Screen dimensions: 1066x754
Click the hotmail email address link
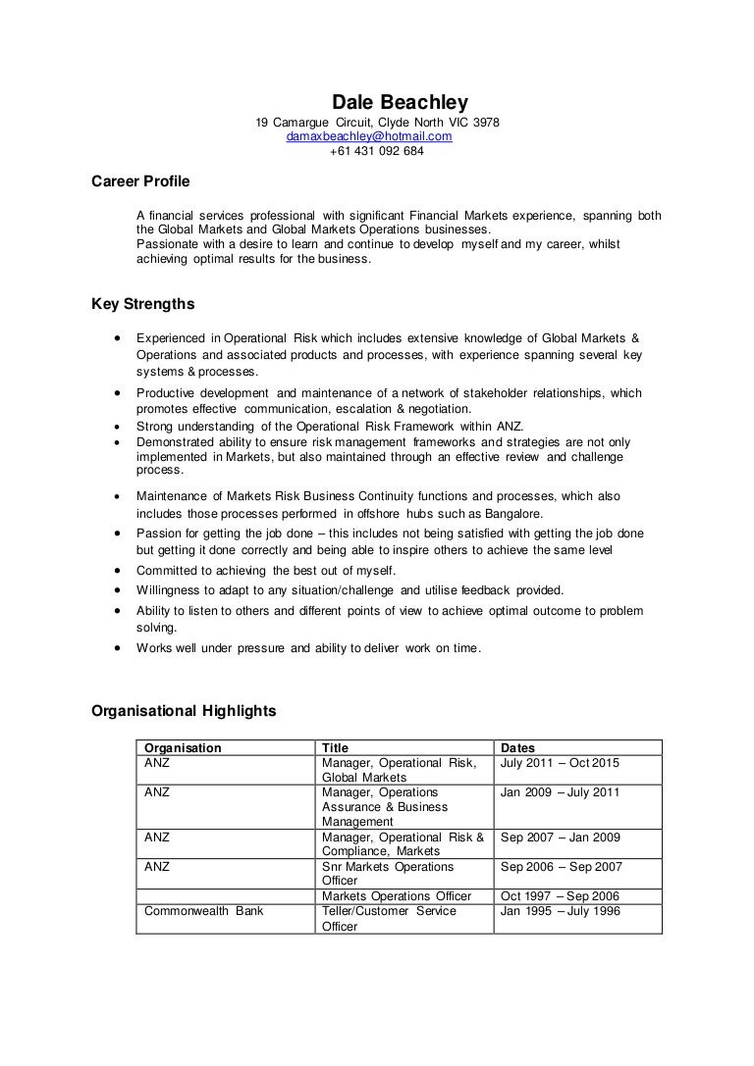368,137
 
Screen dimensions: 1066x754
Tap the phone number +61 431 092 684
376,152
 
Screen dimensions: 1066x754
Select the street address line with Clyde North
377,123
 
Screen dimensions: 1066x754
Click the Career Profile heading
140,181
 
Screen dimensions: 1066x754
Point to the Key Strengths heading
143,304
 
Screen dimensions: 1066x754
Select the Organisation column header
183,747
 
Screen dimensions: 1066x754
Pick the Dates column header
517,747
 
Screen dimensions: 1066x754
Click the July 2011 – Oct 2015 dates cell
560,763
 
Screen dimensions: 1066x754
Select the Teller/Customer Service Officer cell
388,918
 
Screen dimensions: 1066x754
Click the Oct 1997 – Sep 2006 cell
561,896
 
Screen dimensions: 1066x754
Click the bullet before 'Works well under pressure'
118,648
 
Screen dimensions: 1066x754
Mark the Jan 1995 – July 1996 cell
561,911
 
